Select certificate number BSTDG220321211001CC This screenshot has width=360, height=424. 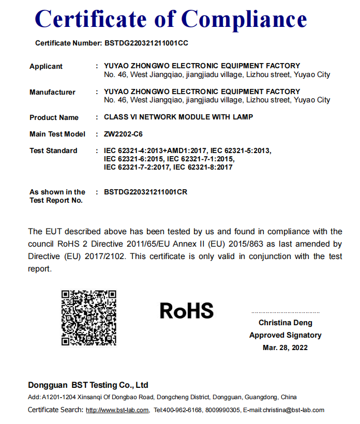coord(146,43)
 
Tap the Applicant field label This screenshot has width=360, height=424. coord(46,66)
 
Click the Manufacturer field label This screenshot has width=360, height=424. coord(52,92)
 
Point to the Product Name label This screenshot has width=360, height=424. coord(54,117)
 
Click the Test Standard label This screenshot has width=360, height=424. coord(53,150)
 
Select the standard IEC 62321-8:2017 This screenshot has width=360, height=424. coord(203,167)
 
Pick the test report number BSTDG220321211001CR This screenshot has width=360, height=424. coord(145,192)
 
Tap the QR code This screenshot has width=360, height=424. coord(88,317)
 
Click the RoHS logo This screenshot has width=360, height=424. coord(187,310)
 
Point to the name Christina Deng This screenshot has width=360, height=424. coord(285,323)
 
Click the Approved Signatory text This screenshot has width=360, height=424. coord(285,335)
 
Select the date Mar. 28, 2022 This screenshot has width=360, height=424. coord(285,347)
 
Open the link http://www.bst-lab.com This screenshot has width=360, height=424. coord(117,410)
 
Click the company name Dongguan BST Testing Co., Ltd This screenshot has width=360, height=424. coord(88,385)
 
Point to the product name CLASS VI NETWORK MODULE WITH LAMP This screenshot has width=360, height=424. coord(178,117)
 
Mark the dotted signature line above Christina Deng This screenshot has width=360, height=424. coord(285,312)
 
